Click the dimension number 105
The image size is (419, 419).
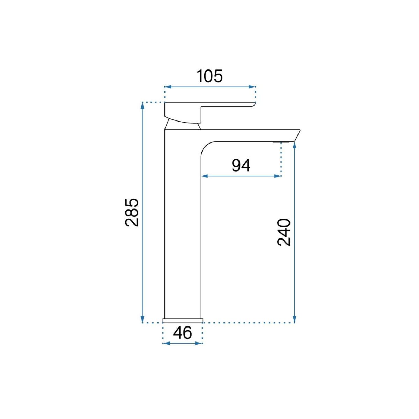[x=210, y=76]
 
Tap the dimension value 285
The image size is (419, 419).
[x=132, y=212]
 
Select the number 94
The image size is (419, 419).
[x=241, y=166]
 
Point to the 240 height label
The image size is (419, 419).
[x=284, y=233]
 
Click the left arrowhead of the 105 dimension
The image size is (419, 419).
[x=168, y=87]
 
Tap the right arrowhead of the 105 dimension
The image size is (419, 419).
[x=252, y=87]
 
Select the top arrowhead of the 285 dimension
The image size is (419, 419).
[x=142, y=106]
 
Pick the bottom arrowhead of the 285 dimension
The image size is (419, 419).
[x=142, y=319]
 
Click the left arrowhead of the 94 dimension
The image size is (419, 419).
[x=205, y=176]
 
